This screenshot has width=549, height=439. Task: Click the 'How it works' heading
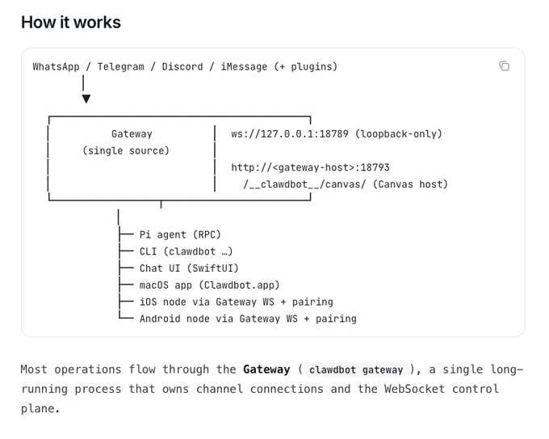[x=71, y=23]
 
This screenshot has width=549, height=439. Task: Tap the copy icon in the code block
[x=504, y=66]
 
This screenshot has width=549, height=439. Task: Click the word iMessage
[x=244, y=67]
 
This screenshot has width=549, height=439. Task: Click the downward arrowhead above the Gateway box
[x=86, y=99]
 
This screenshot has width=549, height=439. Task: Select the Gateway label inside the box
[x=132, y=134]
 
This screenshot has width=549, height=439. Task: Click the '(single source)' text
[x=126, y=150]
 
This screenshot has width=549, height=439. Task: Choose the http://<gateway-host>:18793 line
[x=310, y=167]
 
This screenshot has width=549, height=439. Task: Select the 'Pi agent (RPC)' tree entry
[x=180, y=234]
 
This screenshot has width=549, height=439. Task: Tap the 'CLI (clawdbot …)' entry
[x=186, y=251]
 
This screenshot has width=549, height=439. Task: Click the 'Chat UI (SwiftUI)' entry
[x=189, y=268]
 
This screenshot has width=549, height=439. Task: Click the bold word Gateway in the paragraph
[x=266, y=369]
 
